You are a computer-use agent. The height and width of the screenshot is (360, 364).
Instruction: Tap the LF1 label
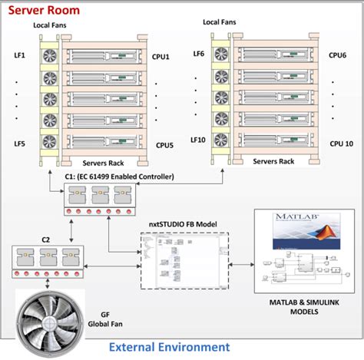coord(19,56)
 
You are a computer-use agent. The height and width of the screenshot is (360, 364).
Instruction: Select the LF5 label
coord(19,144)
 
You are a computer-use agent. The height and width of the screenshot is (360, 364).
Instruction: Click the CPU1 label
coord(162,56)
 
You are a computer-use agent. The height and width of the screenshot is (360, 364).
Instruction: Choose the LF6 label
coord(198,54)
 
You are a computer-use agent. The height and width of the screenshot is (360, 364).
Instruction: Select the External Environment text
coord(169,347)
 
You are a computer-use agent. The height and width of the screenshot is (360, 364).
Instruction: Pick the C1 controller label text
coord(119,177)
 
